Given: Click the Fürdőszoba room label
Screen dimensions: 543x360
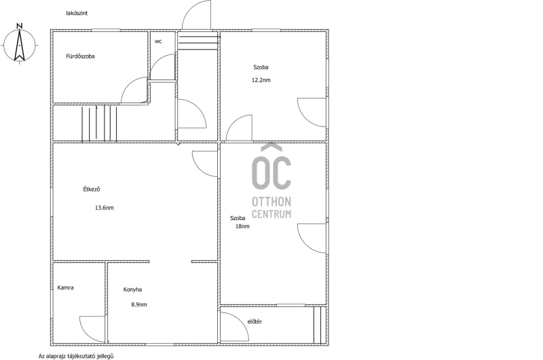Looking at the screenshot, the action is pyautogui.click(x=80, y=56).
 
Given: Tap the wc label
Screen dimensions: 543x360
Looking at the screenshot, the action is pyautogui.click(x=158, y=41).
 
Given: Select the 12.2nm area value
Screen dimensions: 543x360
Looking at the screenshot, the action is pyautogui.click(x=261, y=80).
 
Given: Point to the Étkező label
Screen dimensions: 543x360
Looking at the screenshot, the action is pyautogui.click(x=92, y=190).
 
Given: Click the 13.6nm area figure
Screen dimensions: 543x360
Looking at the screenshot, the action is pyautogui.click(x=105, y=208).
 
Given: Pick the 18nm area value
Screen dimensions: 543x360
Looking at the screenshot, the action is pyautogui.click(x=242, y=226).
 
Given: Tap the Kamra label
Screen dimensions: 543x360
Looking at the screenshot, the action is pyautogui.click(x=65, y=287).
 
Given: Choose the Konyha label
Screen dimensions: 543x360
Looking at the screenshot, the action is pyautogui.click(x=132, y=289).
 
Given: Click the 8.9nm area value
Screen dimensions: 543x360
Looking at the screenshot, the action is pyautogui.click(x=139, y=305).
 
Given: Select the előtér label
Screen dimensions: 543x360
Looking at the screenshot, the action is pyautogui.click(x=255, y=321).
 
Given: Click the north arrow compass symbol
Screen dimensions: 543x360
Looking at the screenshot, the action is pyautogui.click(x=20, y=44).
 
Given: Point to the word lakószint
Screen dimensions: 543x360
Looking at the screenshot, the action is pyautogui.click(x=77, y=13).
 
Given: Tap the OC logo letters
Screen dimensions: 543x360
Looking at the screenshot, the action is pyautogui.click(x=271, y=167).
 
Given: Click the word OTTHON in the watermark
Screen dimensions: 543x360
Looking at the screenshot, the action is pyautogui.click(x=271, y=202).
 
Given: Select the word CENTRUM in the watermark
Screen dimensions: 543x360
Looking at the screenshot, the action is pyautogui.click(x=271, y=214).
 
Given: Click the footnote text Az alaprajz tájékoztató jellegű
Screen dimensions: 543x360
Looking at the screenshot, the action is pyautogui.click(x=76, y=356).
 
